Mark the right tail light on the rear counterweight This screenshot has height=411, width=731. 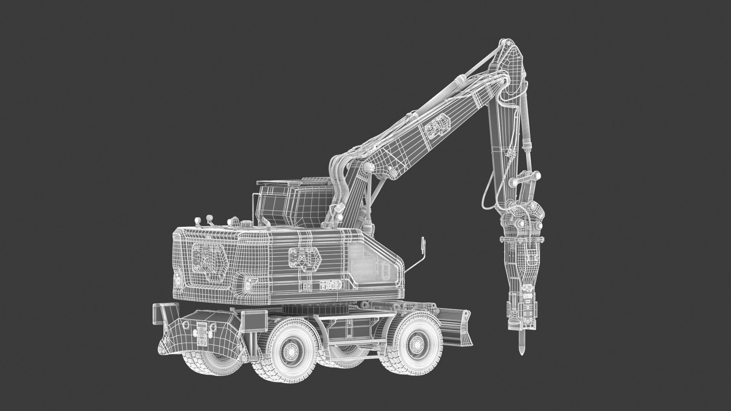click(247, 284)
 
